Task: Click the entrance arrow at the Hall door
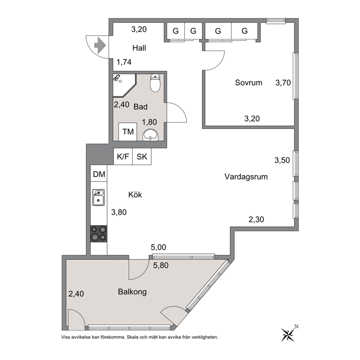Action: [x=100, y=45]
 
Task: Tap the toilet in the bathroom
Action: [x=155, y=83]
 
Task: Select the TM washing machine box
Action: [x=128, y=132]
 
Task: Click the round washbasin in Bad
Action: [x=150, y=135]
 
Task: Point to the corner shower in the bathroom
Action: [x=123, y=85]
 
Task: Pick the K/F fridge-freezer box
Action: [x=123, y=156]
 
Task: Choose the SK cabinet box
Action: [x=142, y=156]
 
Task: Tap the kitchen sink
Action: [x=98, y=197]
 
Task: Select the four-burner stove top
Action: [x=99, y=234]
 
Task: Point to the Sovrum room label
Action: [x=249, y=83]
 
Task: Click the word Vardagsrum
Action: [x=246, y=177]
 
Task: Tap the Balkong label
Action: [x=132, y=292]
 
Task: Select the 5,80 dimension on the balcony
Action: [x=161, y=265]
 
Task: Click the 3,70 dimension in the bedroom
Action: [x=283, y=83]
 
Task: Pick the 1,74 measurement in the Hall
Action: [x=124, y=62]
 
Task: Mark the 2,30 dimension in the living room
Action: [x=256, y=220]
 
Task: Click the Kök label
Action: [x=135, y=195]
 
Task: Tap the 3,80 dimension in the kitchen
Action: [x=119, y=212]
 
